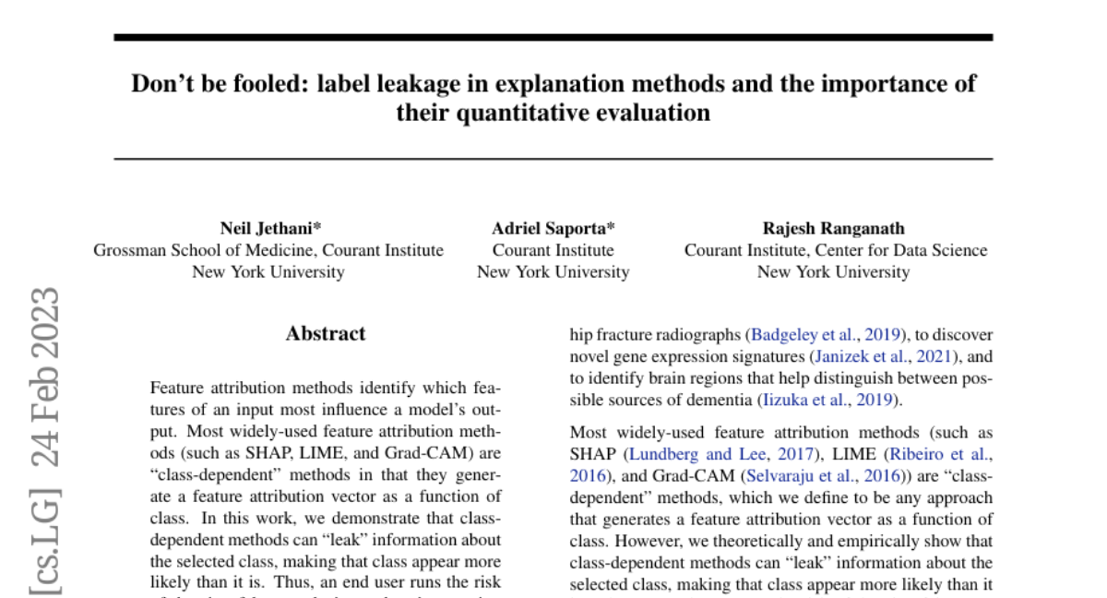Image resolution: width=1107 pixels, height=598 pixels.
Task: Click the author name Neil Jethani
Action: pyautogui.click(x=269, y=228)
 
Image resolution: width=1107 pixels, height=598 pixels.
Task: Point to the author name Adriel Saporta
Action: pyautogui.click(x=553, y=228)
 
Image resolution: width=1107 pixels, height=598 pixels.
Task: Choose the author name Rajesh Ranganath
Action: pyautogui.click(x=833, y=228)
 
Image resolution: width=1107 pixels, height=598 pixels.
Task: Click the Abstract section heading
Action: pyautogui.click(x=325, y=334)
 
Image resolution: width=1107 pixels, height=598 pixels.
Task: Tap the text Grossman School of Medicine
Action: pyautogui.click(x=196, y=250)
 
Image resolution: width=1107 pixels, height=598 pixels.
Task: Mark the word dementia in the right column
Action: pyautogui.click(x=716, y=400)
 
